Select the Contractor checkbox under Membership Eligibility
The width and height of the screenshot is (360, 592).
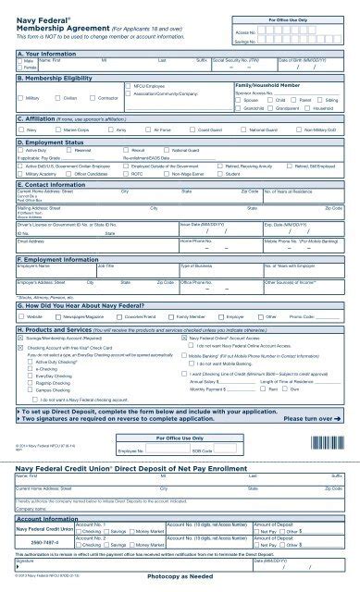94,96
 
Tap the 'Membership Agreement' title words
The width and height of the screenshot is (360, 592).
53,25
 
